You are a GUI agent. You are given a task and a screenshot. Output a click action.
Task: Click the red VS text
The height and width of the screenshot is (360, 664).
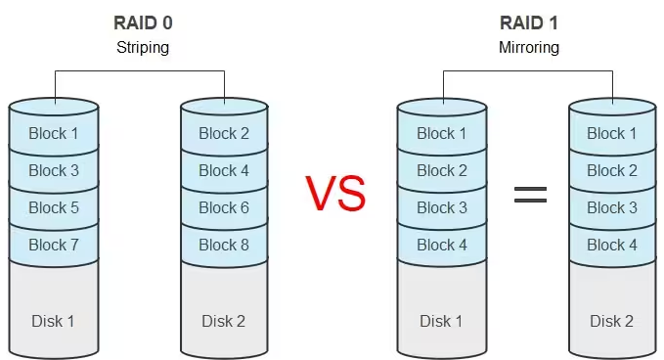335,194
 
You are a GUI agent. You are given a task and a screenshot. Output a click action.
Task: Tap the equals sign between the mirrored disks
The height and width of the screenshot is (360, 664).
530,194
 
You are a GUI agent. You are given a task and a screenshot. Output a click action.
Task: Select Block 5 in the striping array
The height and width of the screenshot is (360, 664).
54,207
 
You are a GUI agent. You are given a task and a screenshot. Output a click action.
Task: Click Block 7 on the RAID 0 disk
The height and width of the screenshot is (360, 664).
54,245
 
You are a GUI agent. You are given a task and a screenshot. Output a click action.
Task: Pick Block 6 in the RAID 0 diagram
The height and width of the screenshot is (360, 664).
224,207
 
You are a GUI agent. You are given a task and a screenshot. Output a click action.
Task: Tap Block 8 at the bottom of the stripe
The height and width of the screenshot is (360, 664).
224,245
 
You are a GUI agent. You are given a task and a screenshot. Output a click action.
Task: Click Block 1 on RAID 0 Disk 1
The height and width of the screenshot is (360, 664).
54,133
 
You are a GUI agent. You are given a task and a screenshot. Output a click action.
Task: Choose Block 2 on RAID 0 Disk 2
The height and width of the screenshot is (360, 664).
224,133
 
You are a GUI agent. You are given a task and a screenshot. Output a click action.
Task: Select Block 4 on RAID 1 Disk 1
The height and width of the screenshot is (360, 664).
441,245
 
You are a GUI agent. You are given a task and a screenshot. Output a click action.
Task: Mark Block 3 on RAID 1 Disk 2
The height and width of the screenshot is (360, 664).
612,207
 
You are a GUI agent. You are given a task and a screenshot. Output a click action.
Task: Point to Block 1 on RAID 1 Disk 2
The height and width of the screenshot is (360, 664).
612,133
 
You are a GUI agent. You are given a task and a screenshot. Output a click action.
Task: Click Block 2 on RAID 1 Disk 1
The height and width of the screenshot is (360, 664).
441,170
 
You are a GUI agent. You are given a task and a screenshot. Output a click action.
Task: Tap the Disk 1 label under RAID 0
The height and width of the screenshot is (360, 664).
54,321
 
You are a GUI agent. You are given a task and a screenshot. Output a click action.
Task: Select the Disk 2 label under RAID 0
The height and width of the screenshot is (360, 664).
224,321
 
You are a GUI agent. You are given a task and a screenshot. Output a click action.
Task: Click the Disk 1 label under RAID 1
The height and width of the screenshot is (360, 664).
441,321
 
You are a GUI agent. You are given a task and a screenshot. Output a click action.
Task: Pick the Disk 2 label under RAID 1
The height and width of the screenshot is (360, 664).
612,321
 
